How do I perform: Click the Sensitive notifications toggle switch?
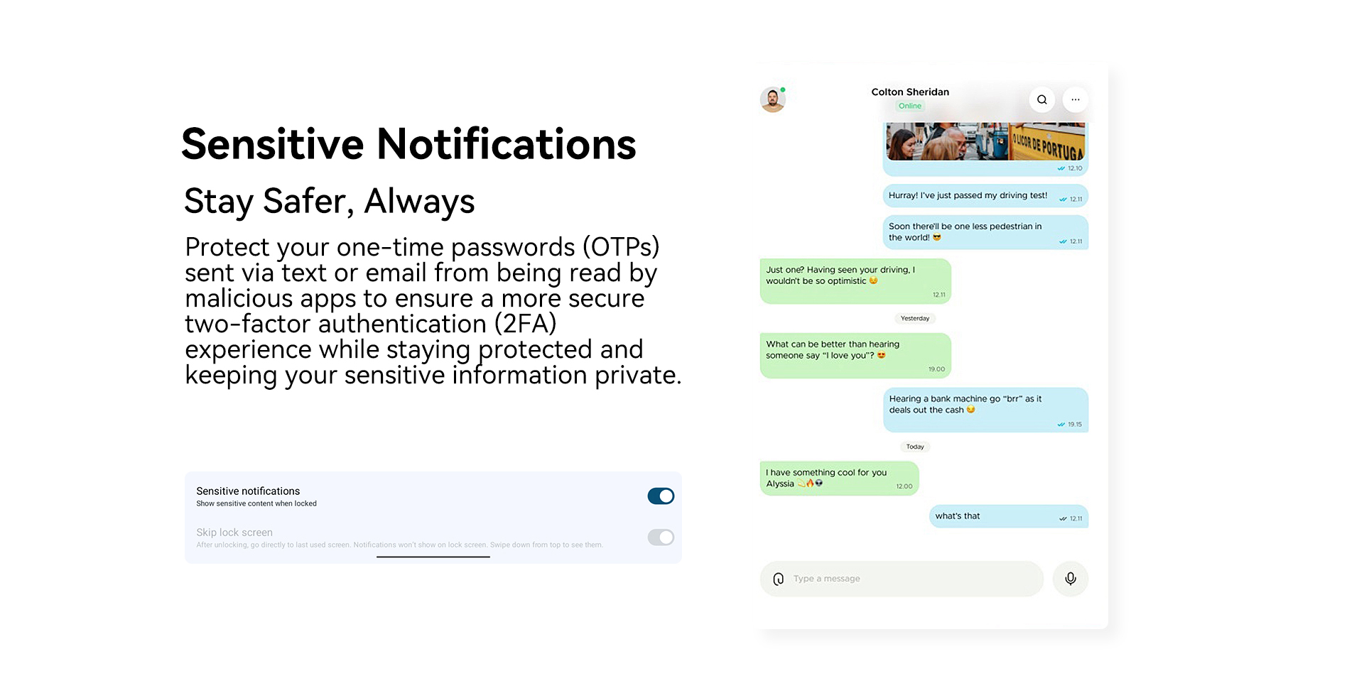(661, 496)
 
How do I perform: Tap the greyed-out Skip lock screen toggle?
(661, 537)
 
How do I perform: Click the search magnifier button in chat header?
(1041, 99)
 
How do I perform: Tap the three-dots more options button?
(1076, 99)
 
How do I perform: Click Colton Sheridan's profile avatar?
(772, 99)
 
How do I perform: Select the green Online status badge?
(910, 106)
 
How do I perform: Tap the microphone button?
(1071, 579)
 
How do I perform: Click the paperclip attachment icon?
(779, 579)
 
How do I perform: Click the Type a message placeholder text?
(826, 579)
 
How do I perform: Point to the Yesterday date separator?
(915, 318)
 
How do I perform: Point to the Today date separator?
(915, 447)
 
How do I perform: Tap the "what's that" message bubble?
(1009, 516)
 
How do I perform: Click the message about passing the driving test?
(985, 196)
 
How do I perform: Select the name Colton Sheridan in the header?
(910, 92)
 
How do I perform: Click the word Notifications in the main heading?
(507, 144)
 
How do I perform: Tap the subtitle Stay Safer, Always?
(329, 202)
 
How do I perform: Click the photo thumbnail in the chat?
(985, 141)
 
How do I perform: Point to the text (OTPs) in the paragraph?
(621, 247)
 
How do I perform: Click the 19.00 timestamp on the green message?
(936, 369)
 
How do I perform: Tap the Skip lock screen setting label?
(234, 533)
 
